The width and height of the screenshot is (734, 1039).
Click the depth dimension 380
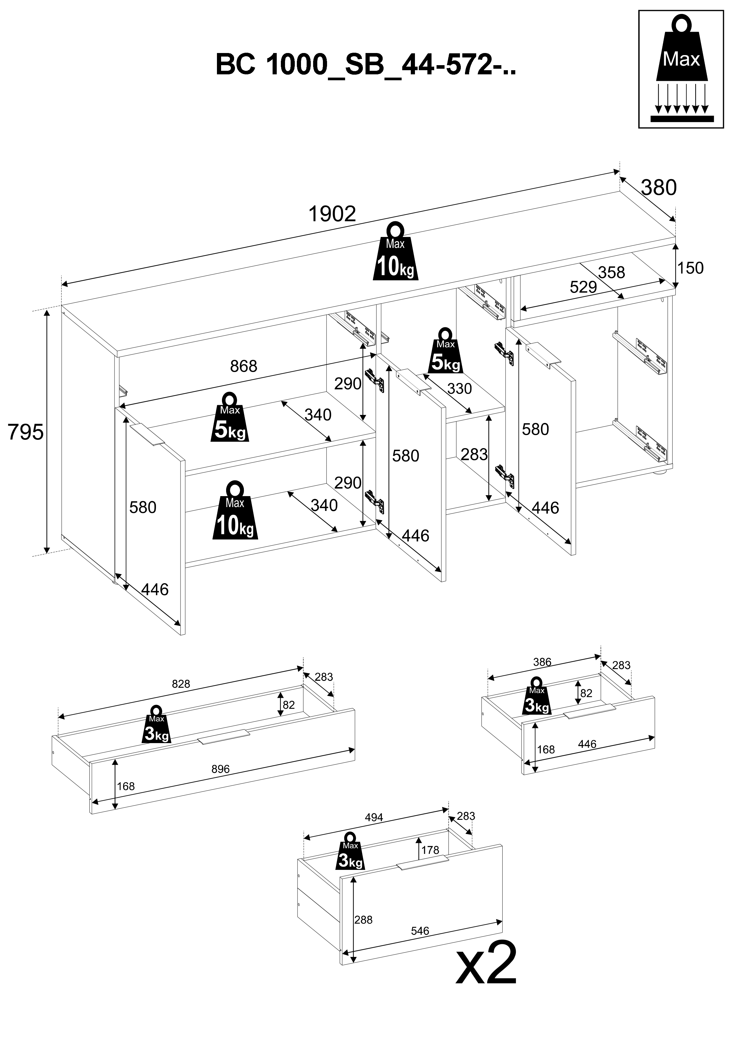(x=659, y=187)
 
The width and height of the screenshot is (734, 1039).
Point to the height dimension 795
(x=26, y=432)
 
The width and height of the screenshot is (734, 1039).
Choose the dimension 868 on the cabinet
(x=243, y=366)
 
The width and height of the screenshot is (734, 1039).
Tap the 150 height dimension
(x=690, y=268)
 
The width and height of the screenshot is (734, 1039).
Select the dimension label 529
(x=583, y=287)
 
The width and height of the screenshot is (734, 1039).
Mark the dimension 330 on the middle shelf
(x=459, y=388)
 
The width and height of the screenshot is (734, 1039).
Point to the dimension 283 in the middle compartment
(x=474, y=454)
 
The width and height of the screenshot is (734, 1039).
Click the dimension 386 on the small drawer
(x=542, y=662)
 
